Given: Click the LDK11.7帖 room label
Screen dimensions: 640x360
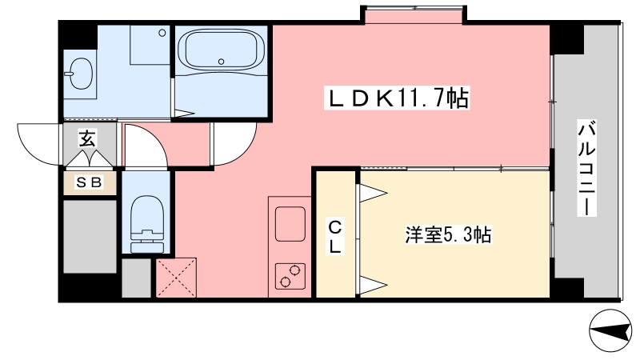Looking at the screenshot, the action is point(397,98).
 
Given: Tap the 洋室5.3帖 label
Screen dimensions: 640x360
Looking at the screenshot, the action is point(448,234).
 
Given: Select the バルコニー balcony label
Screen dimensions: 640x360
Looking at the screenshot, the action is point(586,168).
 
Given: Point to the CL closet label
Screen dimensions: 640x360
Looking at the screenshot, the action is point(335,237).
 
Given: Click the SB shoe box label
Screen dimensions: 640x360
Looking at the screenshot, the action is point(90,182).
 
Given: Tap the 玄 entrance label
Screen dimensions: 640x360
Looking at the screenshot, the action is point(87,138).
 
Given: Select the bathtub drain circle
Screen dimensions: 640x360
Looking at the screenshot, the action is point(222,62).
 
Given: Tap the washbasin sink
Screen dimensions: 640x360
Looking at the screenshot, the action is point(81,74).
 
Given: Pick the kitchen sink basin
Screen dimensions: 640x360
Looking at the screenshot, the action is point(290,224).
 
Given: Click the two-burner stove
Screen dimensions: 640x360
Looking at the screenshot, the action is point(290,276).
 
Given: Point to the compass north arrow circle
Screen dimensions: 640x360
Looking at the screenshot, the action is point(610,330).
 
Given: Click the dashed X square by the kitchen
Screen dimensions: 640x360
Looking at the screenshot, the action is point(176,278).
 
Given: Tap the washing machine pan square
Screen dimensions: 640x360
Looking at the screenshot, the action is point(150,45).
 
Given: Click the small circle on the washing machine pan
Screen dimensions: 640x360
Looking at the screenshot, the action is point(162,33).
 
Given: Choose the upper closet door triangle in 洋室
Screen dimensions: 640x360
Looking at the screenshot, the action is point(372,193).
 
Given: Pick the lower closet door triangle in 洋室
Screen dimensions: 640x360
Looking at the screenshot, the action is point(372,285).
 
